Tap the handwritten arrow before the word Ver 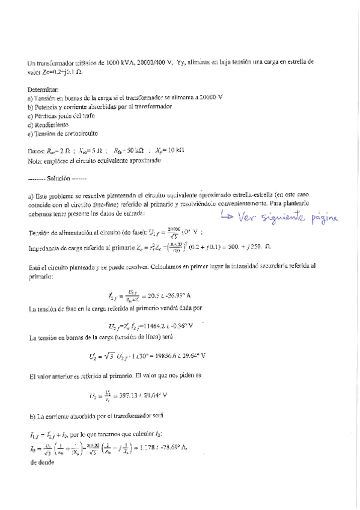click(x=227, y=216)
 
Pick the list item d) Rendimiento click(x=52, y=124)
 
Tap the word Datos click(x=38, y=152)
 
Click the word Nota click(x=36, y=161)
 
